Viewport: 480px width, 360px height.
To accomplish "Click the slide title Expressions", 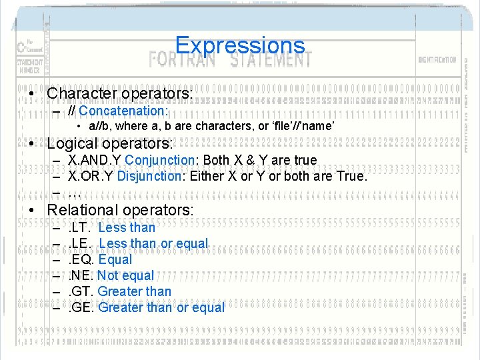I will click(x=239, y=46).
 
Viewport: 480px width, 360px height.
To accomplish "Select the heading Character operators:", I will click(x=120, y=94).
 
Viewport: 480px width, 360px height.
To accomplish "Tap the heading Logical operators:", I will click(x=110, y=143).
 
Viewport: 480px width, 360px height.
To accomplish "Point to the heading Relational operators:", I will click(x=121, y=209).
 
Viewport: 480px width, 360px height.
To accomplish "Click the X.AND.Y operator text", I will click(x=95, y=160).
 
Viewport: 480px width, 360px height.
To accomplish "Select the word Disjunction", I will click(x=149, y=177).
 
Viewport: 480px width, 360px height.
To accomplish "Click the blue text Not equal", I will click(x=125, y=275).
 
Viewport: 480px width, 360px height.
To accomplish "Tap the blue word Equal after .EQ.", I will click(x=115, y=259).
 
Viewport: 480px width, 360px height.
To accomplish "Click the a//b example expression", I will click(x=99, y=127).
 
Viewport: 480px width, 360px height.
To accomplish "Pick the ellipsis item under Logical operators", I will click(x=74, y=193).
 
